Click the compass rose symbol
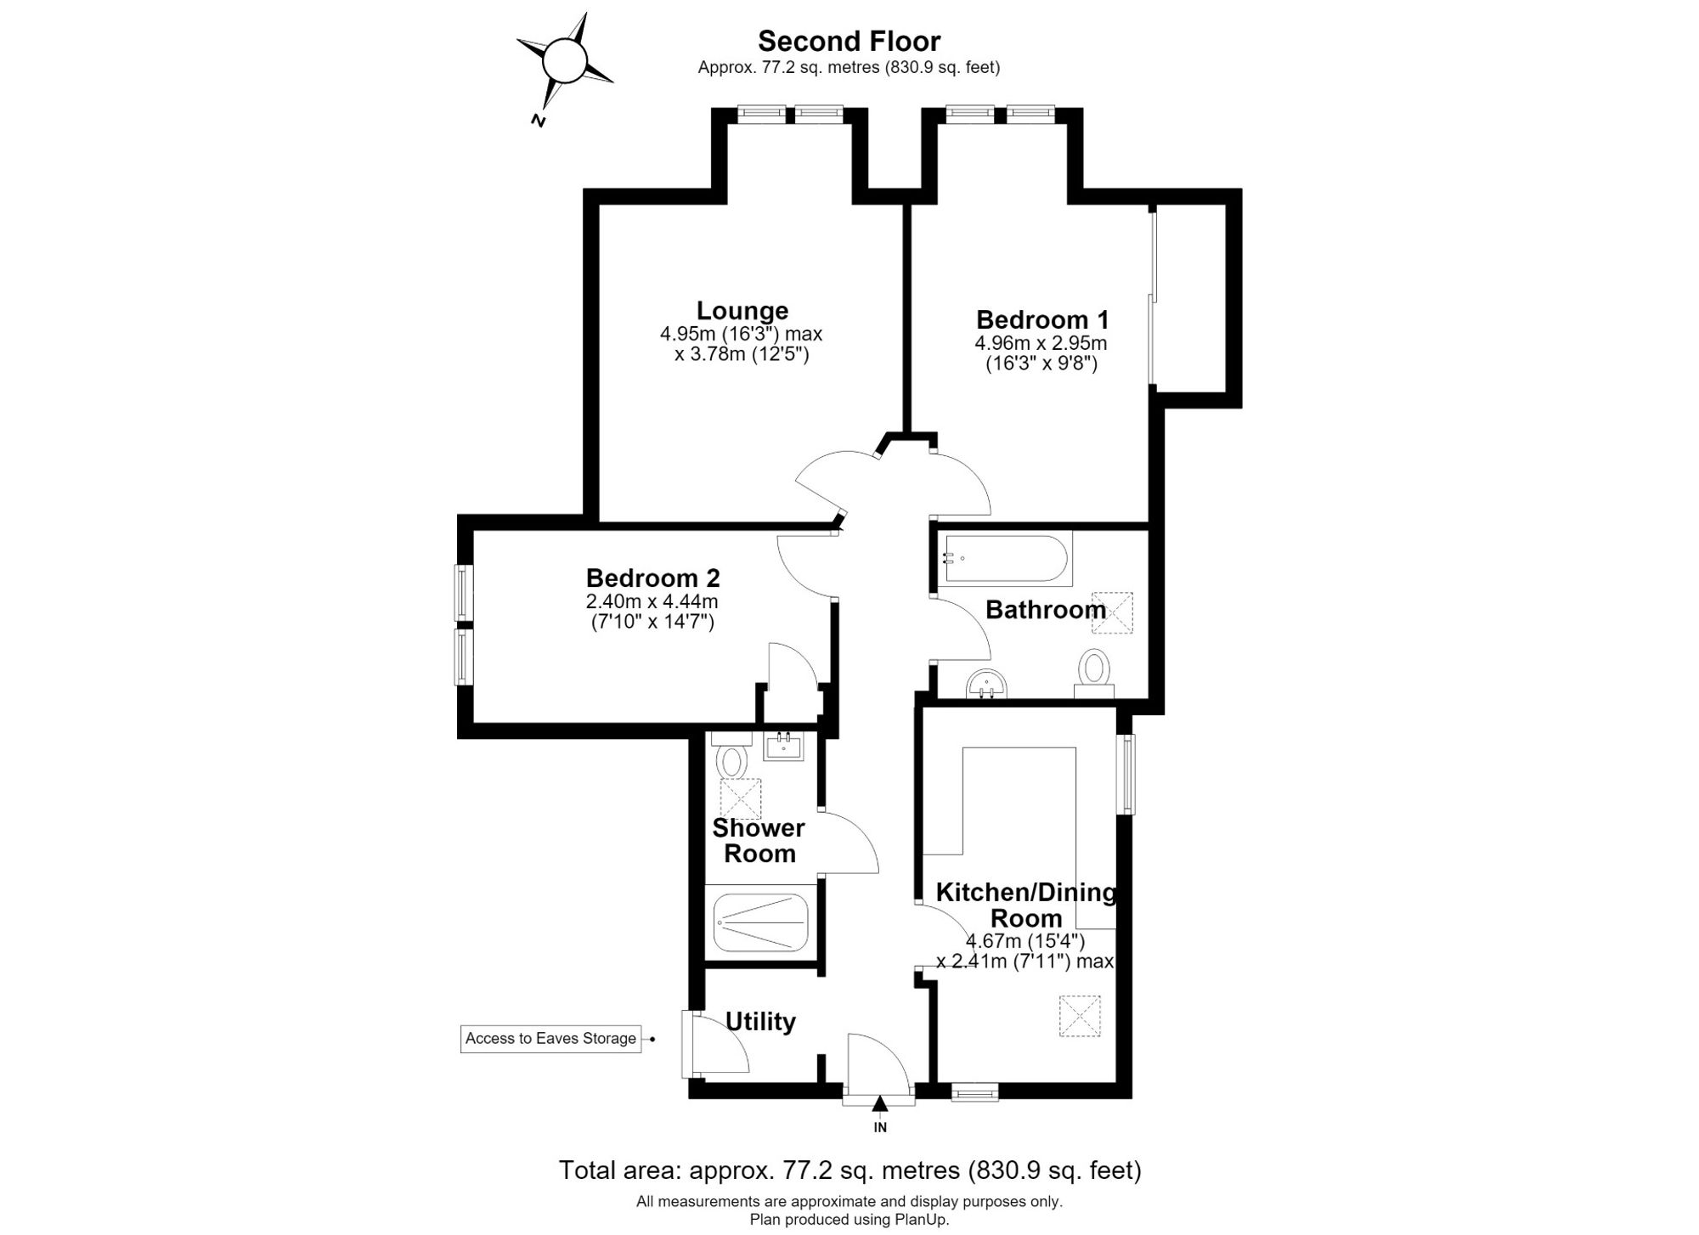tap(564, 61)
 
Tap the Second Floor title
tap(849, 41)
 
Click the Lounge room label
tap(742, 311)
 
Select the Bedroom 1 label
tap(1042, 320)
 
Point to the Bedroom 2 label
tap(652, 578)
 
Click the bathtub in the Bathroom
tap(1006, 558)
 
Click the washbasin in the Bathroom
tap(986, 684)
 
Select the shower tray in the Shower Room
tap(761, 922)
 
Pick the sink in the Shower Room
tap(783, 747)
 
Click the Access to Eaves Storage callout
tap(551, 1039)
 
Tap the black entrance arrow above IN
tap(880, 1104)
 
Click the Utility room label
tap(760, 1022)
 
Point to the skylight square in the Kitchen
tap(1080, 1016)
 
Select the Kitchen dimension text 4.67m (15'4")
tap(1025, 941)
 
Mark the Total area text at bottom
tap(849, 1170)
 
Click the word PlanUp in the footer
tap(922, 1220)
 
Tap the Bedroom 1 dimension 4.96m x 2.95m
tap(1041, 344)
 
